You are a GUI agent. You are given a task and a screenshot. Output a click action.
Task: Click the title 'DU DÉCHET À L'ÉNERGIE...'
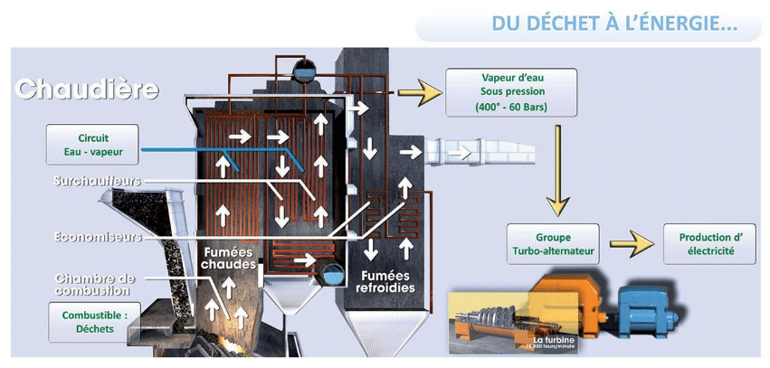click(614, 24)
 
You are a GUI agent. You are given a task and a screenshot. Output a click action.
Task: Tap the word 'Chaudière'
click(87, 90)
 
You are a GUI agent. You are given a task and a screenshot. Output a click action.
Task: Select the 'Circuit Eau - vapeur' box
click(92, 145)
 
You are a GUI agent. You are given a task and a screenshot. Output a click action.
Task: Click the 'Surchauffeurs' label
click(98, 182)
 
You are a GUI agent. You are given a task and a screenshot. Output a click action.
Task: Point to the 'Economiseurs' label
click(97, 237)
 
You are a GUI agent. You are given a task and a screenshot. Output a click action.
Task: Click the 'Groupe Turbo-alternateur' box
click(553, 243)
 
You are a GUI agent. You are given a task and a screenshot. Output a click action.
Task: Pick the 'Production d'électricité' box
click(710, 243)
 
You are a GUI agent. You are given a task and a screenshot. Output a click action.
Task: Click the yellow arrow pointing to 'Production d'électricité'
click(631, 243)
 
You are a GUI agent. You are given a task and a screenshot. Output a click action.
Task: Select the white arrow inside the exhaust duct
click(462, 152)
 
